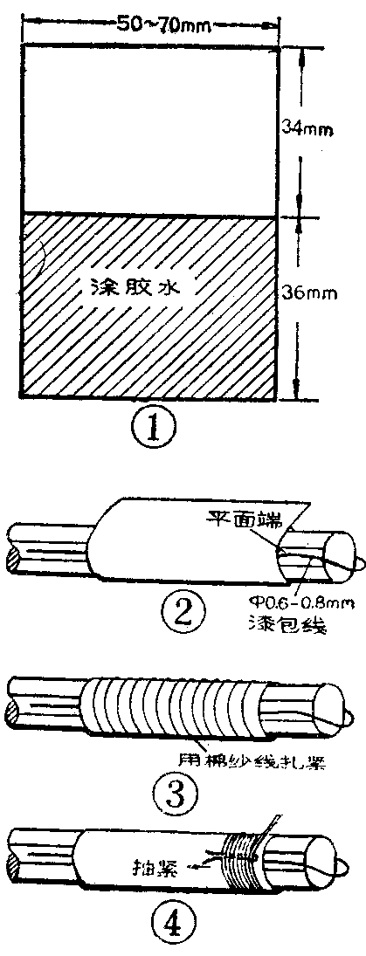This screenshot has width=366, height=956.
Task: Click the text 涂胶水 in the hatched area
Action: pos(141,286)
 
